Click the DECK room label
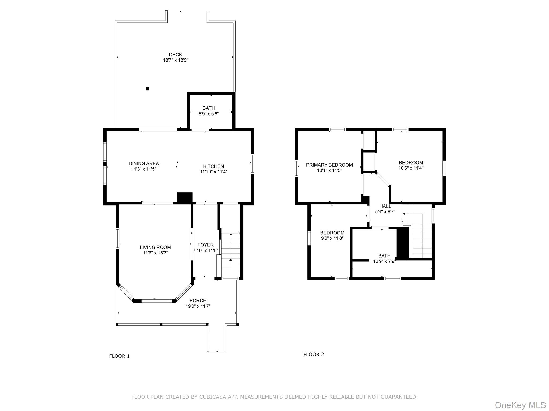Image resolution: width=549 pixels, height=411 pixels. pyautogui.click(x=175, y=55)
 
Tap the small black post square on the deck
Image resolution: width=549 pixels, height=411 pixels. pyautogui.click(x=147, y=89)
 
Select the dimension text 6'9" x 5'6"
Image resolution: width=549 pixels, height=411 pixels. pyautogui.click(x=209, y=114)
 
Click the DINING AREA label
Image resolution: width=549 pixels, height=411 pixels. pyautogui.click(x=144, y=163)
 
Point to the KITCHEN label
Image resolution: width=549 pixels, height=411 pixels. pyautogui.click(x=213, y=166)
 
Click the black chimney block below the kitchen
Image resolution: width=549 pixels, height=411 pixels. pyautogui.click(x=185, y=198)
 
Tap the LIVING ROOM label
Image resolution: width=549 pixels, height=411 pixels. pyautogui.click(x=155, y=247)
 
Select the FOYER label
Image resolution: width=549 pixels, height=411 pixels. pyautogui.click(x=205, y=245)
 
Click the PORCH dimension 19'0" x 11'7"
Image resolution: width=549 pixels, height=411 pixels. pyautogui.click(x=198, y=306)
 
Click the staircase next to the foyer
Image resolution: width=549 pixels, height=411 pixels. pyautogui.click(x=231, y=250)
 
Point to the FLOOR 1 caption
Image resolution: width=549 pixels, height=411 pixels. pyautogui.click(x=119, y=356)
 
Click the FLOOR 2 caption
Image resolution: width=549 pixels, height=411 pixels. pyautogui.click(x=313, y=355)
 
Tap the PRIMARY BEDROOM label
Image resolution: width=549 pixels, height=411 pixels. pyautogui.click(x=329, y=165)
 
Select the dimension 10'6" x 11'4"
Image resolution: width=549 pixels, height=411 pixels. pyautogui.click(x=411, y=168)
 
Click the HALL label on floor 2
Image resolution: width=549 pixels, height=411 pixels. pyautogui.click(x=385, y=206)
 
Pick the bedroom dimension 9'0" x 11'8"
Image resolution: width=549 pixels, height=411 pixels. pyautogui.click(x=332, y=238)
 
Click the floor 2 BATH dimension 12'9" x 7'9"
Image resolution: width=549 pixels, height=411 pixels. pyautogui.click(x=384, y=261)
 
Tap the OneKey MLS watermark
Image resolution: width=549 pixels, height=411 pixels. pyautogui.click(x=520, y=405)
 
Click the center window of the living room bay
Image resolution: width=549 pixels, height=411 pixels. pyautogui.click(x=157, y=301)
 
